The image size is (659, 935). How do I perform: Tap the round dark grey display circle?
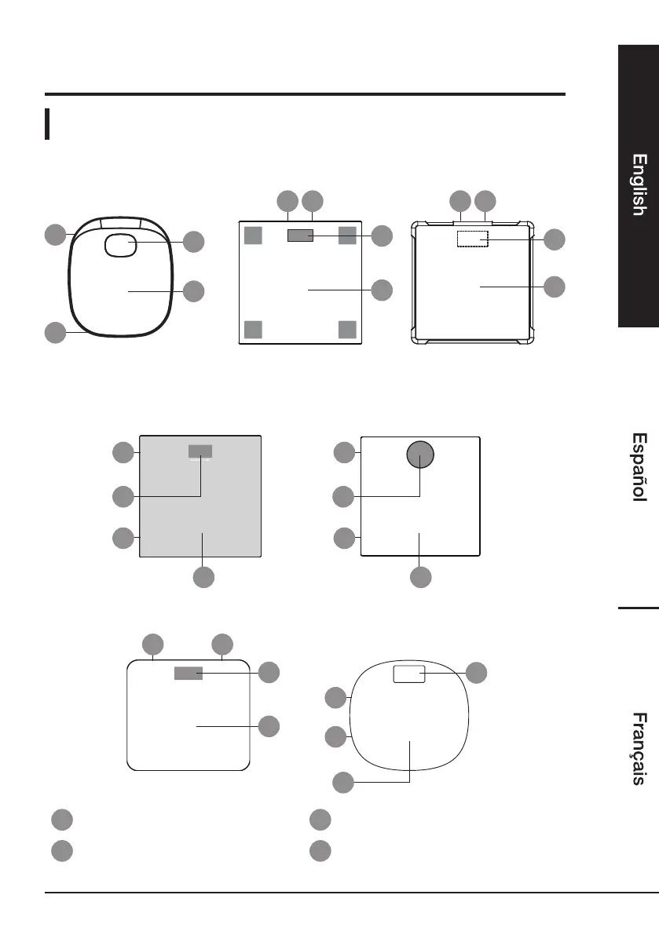point(419,454)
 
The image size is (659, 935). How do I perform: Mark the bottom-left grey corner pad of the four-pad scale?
point(253,328)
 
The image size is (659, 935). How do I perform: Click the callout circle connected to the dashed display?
point(554,239)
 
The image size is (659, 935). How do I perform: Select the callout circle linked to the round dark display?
point(342,496)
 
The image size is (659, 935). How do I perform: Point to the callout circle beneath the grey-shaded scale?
point(203,577)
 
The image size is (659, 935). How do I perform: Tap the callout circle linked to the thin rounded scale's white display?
point(475,672)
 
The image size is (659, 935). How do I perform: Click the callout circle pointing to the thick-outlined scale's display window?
point(192,243)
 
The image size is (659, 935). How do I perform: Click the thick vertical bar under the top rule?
point(49,124)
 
